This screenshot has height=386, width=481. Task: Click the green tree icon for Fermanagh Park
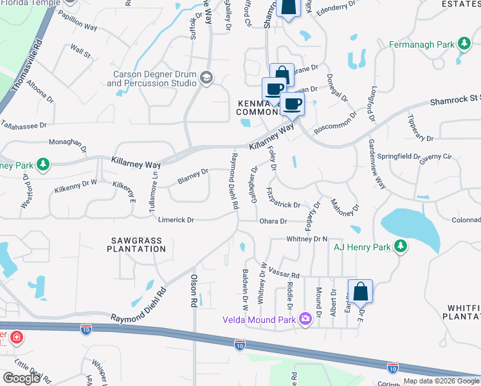(x=463, y=44)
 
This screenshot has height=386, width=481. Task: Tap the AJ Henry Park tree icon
(x=401, y=246)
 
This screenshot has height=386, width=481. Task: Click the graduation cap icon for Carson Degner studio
(x=206, y=78)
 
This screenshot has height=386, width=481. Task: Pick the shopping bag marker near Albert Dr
(x=361, y=291)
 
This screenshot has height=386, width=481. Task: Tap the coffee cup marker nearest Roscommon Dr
(x=292, y=103)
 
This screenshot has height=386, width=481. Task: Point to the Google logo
(x=21, y=378)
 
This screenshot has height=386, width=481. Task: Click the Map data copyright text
(x=441, y=381)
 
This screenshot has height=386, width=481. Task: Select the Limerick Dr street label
(x=176, y=220)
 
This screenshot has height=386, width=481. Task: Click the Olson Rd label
(x=193, y=287)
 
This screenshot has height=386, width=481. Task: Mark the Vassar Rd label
(x=284, y=273)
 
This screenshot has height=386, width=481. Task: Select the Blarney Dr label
(x=193, y=175)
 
